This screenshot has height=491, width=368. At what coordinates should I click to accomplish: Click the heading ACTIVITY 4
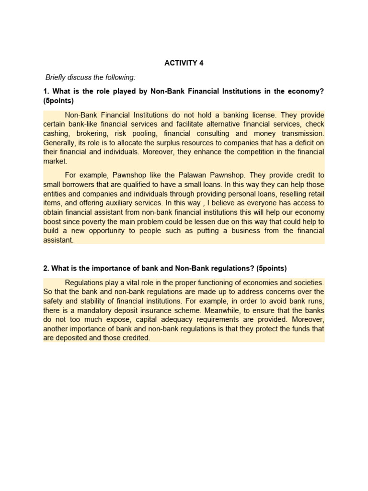(184, 63)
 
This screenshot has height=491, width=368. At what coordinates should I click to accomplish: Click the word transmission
(302, 134)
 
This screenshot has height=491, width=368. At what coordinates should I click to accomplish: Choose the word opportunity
(122, 231)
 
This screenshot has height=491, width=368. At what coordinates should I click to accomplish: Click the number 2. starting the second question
(46, 268)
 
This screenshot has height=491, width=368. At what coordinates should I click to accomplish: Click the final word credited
(135, 338)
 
